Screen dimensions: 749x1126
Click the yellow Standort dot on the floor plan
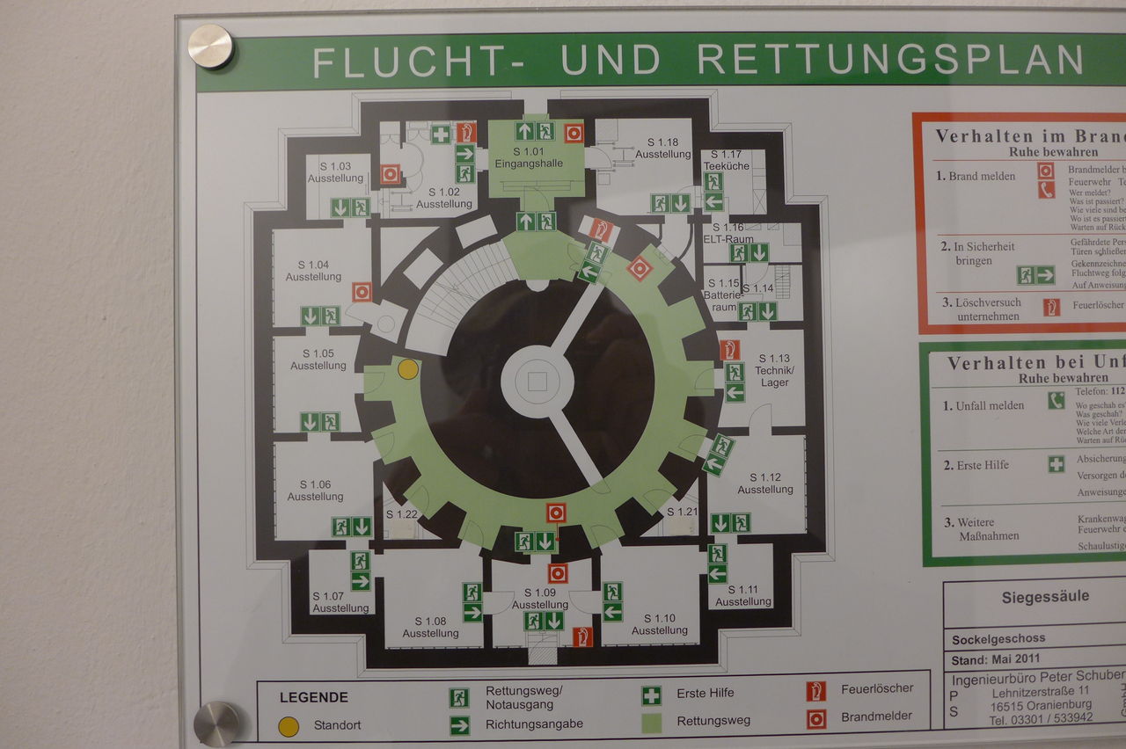407,369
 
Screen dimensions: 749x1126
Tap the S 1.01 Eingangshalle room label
529,157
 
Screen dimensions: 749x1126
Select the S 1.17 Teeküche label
726,160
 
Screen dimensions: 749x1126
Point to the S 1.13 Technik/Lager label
774,370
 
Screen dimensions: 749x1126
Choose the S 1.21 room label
681,512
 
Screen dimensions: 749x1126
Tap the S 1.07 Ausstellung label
340,602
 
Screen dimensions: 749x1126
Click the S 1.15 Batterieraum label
723,295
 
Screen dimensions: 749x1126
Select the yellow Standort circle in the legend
289,726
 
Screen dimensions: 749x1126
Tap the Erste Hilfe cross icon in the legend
651,695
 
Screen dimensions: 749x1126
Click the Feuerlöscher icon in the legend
816,691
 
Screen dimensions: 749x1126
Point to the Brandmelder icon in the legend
816,719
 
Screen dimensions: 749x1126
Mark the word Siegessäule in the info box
1045,597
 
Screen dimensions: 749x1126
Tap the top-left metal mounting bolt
211,46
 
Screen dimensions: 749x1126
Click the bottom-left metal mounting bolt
216,723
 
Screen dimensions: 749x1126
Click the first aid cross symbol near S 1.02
441,134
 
